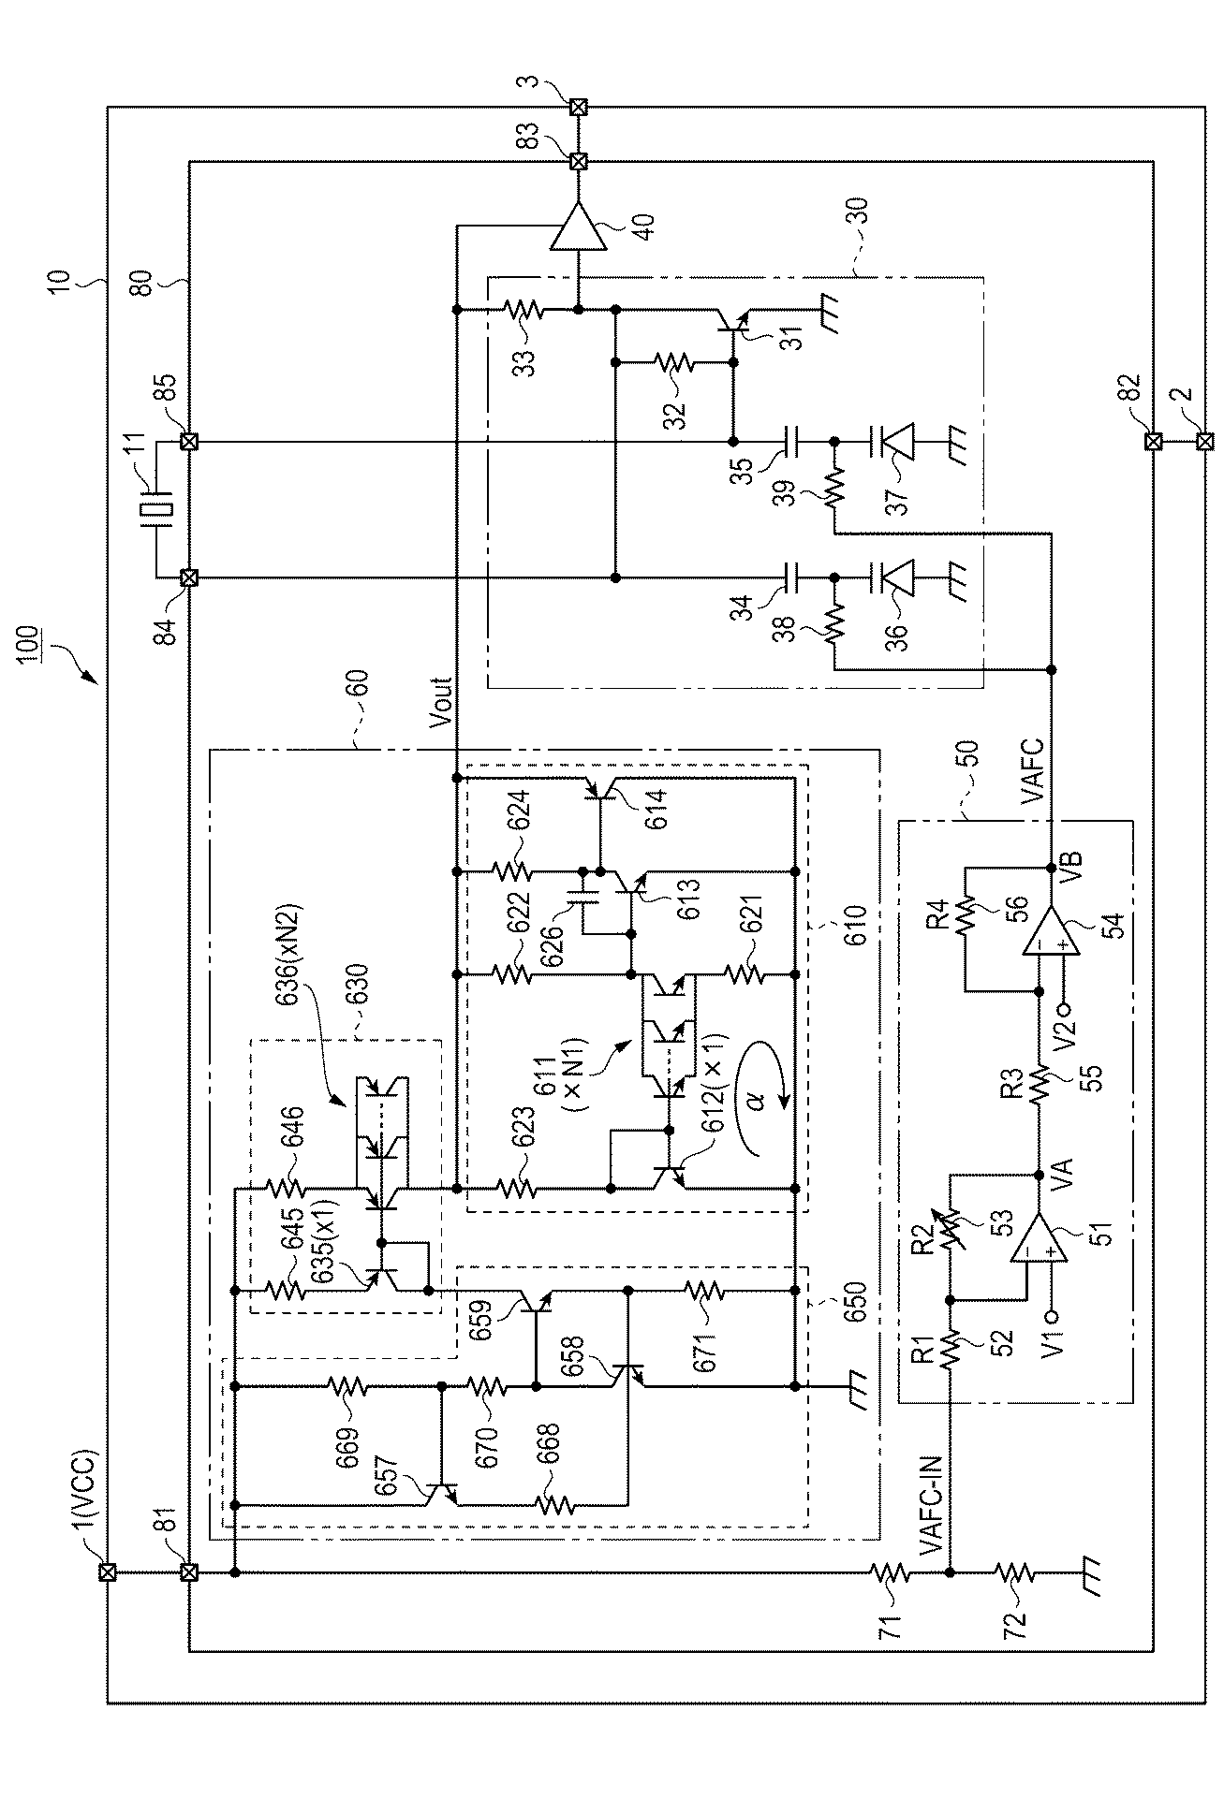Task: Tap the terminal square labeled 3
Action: click(579, 107)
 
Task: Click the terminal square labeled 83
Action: click(579, 161)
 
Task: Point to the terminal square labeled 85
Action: click(189, 441)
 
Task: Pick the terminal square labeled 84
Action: click(189, 578)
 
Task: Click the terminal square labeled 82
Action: click(1153, 441)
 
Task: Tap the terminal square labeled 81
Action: click(189, 1572)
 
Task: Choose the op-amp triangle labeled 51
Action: click(1038, 1238)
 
